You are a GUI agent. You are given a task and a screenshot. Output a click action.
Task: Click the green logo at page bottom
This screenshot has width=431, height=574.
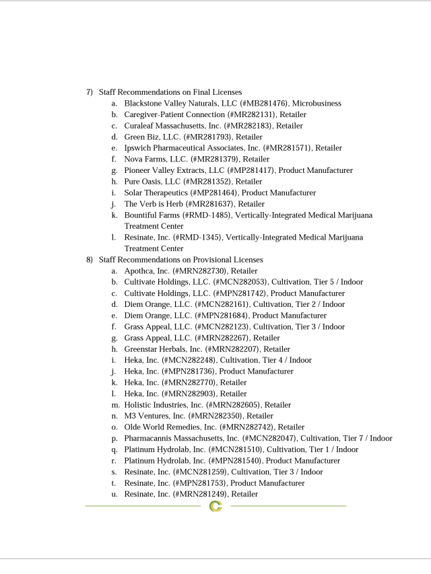point(215,506)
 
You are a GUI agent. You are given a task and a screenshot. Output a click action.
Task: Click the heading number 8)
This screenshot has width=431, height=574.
point(90,260)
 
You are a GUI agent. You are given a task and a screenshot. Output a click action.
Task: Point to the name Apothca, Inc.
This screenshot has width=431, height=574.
point(146,271)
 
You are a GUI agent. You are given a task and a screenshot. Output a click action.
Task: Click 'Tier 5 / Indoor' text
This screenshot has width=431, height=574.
point(335,282)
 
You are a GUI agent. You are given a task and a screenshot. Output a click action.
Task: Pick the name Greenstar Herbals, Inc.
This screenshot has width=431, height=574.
point(158,349)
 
